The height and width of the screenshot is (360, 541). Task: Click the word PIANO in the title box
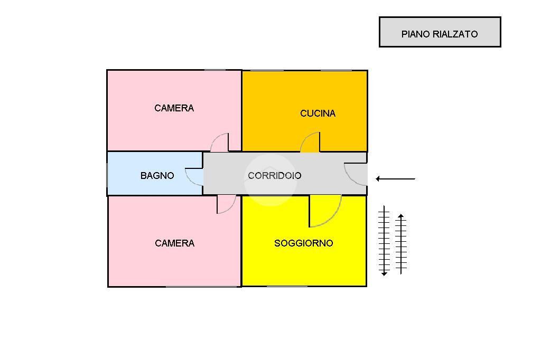[x=416, y=34]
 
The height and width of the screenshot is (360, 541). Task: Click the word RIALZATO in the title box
[x=455, y=34]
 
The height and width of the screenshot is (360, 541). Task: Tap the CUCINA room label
[x=318, y=113]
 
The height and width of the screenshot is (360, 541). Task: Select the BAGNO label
[x=157, y=176]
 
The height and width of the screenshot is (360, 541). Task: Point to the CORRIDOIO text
[x=275, y=176]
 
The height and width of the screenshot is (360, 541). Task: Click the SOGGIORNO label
[x=304, y=243]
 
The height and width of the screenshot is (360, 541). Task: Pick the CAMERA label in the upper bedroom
[x=174, y=108]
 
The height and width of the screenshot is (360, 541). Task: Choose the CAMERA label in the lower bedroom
[x=175, y=243]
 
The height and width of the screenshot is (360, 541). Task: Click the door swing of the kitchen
[x=312, y=143]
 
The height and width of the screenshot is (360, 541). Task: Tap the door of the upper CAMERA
[x=221, y=143]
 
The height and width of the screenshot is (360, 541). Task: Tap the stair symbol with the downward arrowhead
[x=384, y=241]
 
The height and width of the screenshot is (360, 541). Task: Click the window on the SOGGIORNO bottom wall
[x=287, y=286]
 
